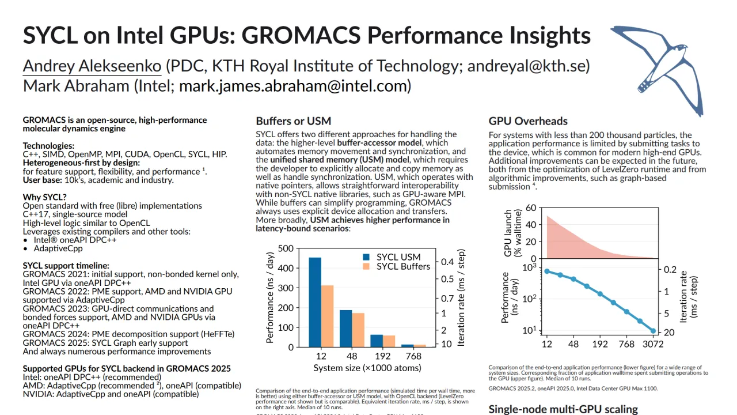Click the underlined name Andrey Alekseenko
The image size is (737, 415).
pos(92,66)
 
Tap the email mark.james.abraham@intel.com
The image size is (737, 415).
pos(295,86)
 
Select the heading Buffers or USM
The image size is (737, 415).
pos(293,121)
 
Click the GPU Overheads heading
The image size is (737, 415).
pos(528,121)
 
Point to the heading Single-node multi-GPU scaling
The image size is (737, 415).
pos(563,409)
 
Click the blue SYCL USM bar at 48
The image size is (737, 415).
pos(345,328)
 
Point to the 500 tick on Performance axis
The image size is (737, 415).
pos(286,249)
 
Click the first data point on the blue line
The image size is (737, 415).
pos(546,271)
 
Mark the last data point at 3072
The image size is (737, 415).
pos(653,331)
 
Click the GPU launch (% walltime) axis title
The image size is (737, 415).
pos(508,232)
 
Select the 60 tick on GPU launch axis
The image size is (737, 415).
pos(530,208)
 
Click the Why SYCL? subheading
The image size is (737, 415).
pos(44,197)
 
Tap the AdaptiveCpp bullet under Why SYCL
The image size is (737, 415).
pos(58,248)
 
